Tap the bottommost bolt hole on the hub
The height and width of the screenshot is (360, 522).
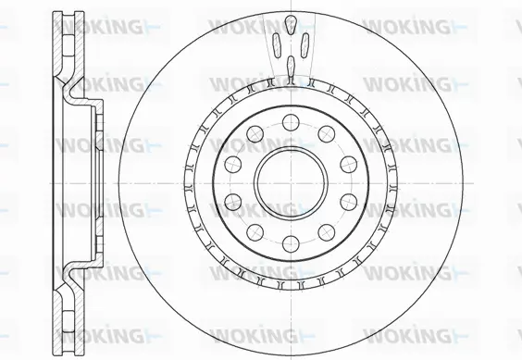(x=289, y=243)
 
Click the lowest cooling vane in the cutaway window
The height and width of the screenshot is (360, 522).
(x=290, y=64)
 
